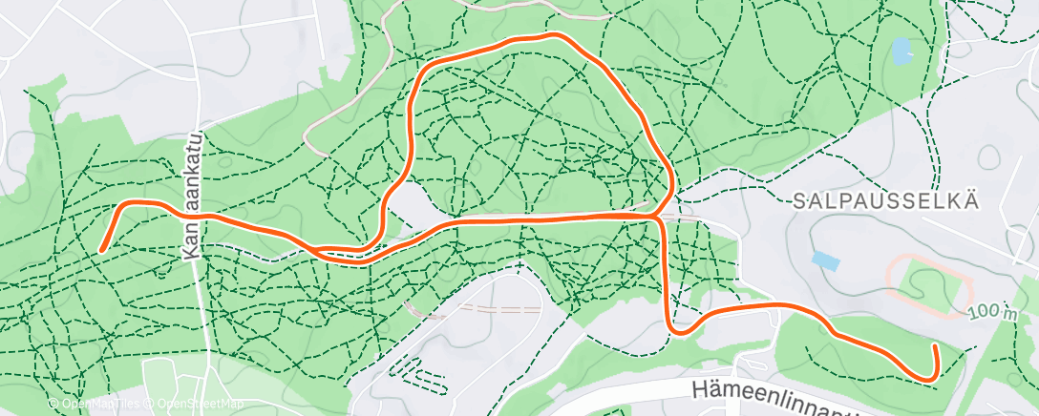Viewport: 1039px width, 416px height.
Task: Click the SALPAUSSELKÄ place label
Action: (886, 199)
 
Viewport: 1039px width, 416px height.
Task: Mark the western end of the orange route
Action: (102, 250)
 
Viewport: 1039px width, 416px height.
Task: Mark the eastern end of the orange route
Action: (935, 348)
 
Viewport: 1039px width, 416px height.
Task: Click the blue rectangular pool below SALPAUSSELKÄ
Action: (823, 259)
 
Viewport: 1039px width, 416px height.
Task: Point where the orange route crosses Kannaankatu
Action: (197, 216)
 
